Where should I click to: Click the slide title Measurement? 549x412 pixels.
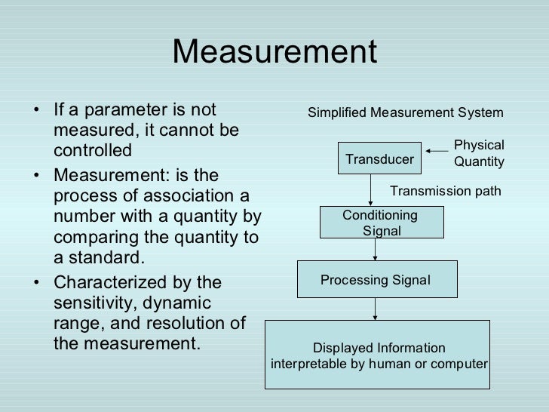(274, 52)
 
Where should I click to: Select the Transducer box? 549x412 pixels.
(379, 159)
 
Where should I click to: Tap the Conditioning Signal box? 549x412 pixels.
(382, 223)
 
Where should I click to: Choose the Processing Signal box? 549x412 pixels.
(376, 280)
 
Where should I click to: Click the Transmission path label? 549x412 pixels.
(445, 191)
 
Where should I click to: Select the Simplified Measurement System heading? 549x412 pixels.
(405, 113)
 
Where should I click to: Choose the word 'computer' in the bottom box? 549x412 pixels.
(461, 364)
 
